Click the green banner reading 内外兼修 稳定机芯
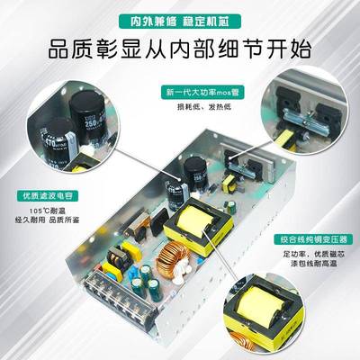(179, 16)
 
